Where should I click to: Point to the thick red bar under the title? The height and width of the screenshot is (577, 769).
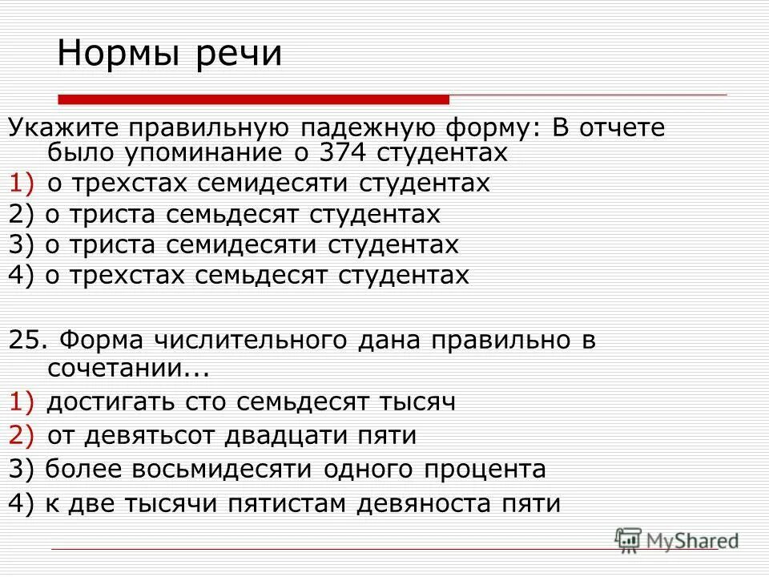coord(253,99)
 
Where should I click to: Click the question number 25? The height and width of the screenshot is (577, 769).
coord(26,340)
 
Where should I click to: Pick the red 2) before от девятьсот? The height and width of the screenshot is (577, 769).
coord(22,436)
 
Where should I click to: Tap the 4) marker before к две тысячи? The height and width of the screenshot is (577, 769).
coord(21,503)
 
